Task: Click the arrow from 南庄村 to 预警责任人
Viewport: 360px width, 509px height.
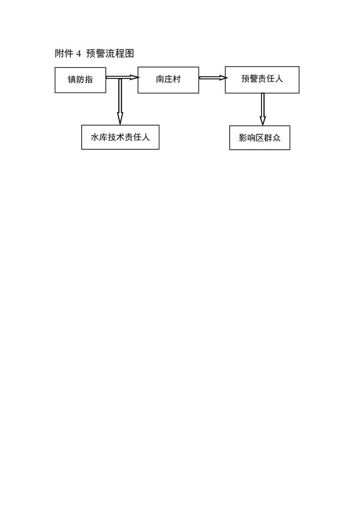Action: click(213, 78)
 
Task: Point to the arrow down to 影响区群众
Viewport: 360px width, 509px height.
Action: click(262, 109)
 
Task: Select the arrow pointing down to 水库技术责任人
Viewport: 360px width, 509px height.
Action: click(120, 101)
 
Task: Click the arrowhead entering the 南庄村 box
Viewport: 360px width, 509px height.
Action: click(135, 77)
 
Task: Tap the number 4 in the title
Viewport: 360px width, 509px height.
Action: click(79, 54)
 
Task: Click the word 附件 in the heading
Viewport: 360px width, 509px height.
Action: click(64, 53)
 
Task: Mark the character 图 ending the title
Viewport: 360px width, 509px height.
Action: click(130, 53)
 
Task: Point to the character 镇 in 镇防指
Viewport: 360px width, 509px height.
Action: click(72, 79)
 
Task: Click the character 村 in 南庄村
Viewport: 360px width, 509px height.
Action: click(177, 79)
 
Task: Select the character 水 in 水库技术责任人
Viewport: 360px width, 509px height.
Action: click(95, 137)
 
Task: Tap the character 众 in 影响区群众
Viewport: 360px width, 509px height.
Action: click(276, 137)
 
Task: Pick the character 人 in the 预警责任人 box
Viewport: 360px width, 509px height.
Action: click(279, 78)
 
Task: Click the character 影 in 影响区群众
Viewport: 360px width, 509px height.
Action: click(243, 137)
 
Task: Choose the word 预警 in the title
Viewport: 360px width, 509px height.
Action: click(95, 53)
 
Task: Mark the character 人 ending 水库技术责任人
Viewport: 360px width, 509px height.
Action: click(146, 137)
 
